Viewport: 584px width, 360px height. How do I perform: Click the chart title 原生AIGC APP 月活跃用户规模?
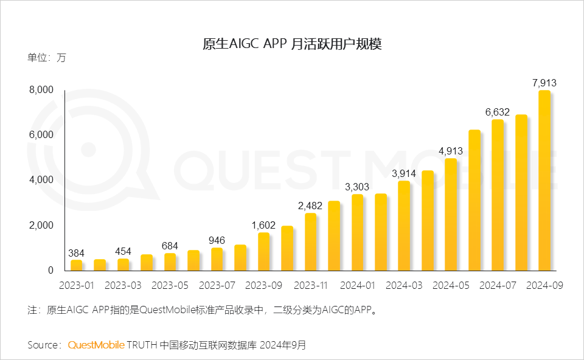click(x=291, y=44)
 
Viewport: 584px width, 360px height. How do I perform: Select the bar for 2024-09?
click(x=544, y=181)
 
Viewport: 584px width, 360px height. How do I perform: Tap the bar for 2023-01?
click(x=76, y=265)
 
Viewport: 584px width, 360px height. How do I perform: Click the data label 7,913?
click(x=544, y=83)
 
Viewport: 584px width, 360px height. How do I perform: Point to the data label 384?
click(x=76, y=252)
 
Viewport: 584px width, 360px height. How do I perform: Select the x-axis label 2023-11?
click(x=310, y=285)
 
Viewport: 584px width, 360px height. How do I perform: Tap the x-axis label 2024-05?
click(x=451, y=285)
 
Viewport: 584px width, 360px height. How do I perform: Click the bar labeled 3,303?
click(x=357, y=232)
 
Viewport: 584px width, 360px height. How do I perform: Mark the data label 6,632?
click(x=498, y=112)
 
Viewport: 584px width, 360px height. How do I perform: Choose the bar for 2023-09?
click(x=263, y=251)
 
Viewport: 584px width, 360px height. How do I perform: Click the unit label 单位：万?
click(x=46, y=58)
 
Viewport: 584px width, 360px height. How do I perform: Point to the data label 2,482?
click(x=310, y=206)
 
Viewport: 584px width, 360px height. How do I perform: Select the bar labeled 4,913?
click(x=451, y=214)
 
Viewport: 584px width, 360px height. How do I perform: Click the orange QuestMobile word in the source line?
click(x=96, y=345)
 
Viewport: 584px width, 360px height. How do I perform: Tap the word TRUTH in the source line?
click(x=142, y=345)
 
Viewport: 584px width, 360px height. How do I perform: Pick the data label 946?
click(x=217, y=240)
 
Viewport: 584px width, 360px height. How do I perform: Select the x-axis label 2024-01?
click(x=357, y=285)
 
